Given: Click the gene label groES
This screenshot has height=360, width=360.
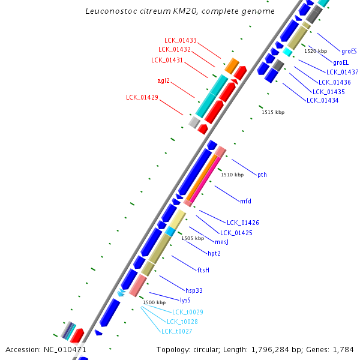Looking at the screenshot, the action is click(x=349, y=52).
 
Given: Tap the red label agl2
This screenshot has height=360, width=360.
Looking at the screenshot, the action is click(x=163, y=80).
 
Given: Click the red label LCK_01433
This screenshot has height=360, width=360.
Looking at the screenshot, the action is click(x=181, y=40).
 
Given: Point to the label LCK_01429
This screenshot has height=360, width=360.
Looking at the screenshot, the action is click(x=142, y=97).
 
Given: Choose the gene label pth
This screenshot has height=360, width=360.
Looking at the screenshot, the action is click(x=262, y=175).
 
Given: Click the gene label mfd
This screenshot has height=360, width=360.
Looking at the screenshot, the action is click(x=245, y=201).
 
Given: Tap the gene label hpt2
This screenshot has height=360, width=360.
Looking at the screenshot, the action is click(x=214, y=254).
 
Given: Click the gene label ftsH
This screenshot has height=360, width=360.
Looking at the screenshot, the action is click(x=203, y=270).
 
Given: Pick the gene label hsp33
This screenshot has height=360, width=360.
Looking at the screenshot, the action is click(x=194, y=290).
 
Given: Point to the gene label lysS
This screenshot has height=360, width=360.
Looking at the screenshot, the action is click(x=185, y=299).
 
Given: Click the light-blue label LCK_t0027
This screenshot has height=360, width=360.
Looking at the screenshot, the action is click(x=177, y=331).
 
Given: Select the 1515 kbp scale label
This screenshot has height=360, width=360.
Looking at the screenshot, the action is click(x=273, y=112).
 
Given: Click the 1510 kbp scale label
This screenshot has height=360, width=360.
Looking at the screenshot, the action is click(x=232, y=175).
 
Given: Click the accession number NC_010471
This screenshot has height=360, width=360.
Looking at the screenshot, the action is click(x=64, y=349).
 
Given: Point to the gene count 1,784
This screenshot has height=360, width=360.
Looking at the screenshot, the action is click(x=344, y=349).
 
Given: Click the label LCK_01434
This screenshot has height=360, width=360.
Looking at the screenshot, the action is click(x=322, y=100).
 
